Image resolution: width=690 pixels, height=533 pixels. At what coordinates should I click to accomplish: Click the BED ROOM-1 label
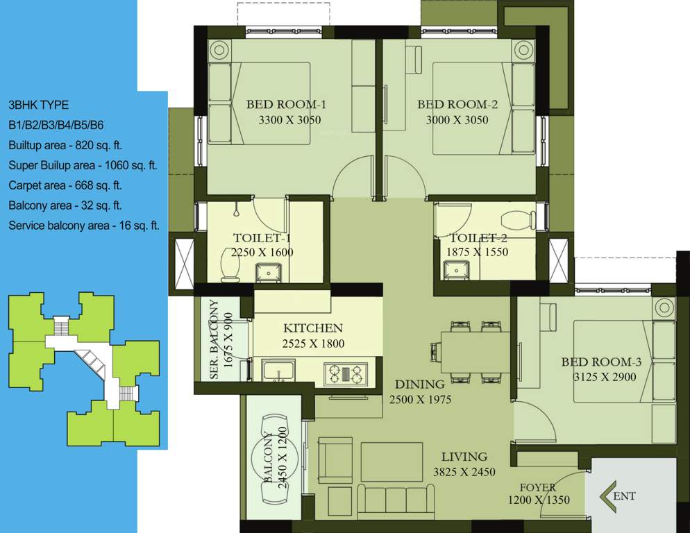(x=286, y=105)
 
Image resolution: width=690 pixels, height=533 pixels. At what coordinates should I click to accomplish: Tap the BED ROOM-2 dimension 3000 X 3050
(x=457, y=120)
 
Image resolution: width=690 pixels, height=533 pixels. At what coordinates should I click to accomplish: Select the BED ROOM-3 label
(x=598, y=362)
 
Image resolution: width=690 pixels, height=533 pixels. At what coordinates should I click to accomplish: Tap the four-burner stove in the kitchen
(x=345, y=373)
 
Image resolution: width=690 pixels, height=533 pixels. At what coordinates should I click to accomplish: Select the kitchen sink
(x=279, y=370)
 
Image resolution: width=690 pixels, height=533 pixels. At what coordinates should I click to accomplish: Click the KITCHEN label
(x=313, y=328)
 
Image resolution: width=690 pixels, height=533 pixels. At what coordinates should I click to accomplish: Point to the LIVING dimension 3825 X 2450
(x=464, y=472)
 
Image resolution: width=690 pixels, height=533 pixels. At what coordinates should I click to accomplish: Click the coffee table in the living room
(x=392, y=461)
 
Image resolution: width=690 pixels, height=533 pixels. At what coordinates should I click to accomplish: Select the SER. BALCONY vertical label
(x=214, y=340)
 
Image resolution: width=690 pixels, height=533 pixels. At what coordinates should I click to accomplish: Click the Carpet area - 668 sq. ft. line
(x=65, y=185)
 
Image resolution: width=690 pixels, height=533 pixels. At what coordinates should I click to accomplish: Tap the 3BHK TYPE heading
(x=38, y=105)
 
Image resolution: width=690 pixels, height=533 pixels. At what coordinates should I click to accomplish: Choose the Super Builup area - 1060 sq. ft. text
(x=83, y=165)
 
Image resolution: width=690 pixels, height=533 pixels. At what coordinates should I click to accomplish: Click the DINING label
(x=419, y=384)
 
